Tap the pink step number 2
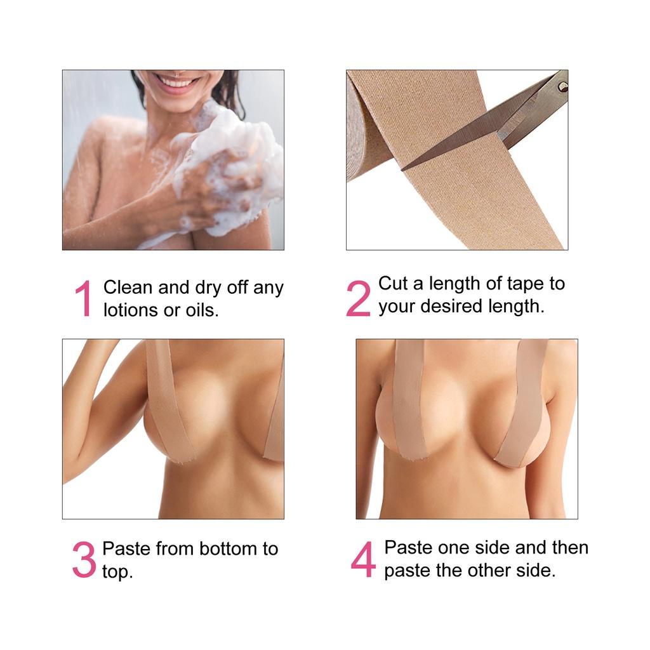pyautogui.click(x=358, y=298)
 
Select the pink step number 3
pyautogui.click(x=84, y=559)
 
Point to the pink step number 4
pyautogui.click(x=363, y=559)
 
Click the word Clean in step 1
pyautogui.click(x=128, y=287)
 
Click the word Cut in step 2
pyautogui.click(x=392, y=283)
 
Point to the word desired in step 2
pyautogui.click(x=451, y=306)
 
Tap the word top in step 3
pyautogui.click(x=117, y=572)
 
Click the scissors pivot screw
pyautogui.click(x=562, y=86)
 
